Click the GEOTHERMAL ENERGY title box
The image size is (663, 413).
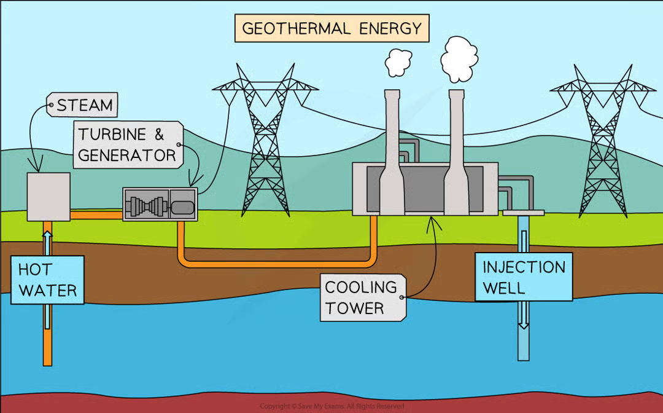point(331,28)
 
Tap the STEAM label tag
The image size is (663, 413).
point(84,105)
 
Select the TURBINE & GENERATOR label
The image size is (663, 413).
point(128,145)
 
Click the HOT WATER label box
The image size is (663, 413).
point(47,280)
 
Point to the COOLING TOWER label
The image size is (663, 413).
point(362,297)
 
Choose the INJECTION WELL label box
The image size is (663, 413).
point(524,277)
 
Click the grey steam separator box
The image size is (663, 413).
point(48,196)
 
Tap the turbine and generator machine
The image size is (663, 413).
point(160,203)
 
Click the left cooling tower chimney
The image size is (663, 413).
point(392,154)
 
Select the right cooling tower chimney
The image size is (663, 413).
point(456,154)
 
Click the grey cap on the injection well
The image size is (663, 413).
point(523,213)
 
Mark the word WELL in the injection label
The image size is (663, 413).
point(503,288)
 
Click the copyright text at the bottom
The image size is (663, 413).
point(331,406)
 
